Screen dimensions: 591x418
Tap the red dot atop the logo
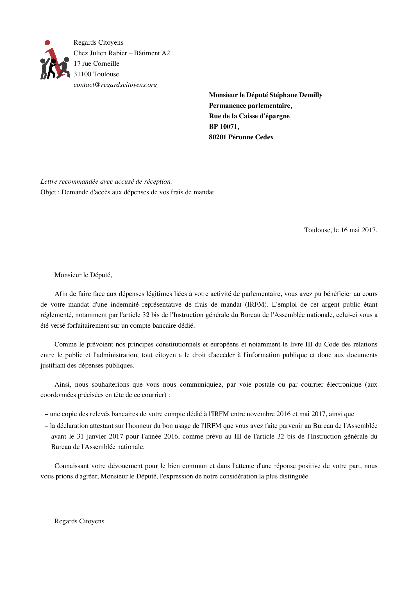pos(47,43)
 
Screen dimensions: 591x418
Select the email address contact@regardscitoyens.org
pos(115,85)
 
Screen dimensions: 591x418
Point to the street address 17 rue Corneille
pos(96,64)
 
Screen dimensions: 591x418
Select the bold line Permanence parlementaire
pos(250,106)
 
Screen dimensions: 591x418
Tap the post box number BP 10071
pos(224,127)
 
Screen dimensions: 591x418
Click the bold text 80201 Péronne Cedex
pos(241,137)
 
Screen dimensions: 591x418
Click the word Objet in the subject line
pos(48,192)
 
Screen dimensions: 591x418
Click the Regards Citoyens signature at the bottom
pos(79,521)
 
